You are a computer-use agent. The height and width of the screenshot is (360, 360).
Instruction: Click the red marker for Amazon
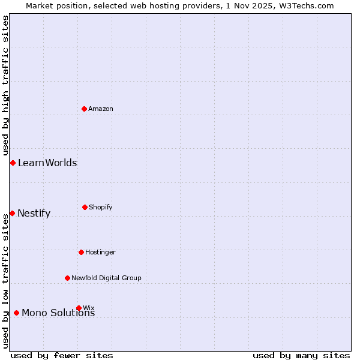pos(85,109)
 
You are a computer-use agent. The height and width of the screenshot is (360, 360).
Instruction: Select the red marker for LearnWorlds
pos(13,163)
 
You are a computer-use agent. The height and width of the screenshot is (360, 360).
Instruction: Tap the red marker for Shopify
pos(85,207)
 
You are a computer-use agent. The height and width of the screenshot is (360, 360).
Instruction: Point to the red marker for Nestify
pos(12,213)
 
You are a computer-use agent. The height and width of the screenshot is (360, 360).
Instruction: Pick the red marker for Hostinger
pos(81,252)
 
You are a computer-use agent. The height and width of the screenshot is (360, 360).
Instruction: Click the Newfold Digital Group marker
pos(67,278)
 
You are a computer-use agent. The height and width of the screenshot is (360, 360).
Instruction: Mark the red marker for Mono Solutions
pos(16,313)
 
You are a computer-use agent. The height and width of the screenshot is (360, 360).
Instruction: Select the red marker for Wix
pos(79,308)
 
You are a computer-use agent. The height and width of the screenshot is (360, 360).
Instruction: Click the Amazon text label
pos(101,109)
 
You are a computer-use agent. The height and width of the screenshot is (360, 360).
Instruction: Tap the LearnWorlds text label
pos(47,163)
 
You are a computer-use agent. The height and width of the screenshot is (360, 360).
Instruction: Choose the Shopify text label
pos(101,207)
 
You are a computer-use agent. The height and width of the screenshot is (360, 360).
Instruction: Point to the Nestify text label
pos(34,213)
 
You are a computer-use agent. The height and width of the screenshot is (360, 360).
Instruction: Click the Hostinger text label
pos(100,252)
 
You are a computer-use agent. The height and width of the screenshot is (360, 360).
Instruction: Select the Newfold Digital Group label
pos(106,278)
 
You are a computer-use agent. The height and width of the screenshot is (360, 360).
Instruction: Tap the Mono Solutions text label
pos(58,313)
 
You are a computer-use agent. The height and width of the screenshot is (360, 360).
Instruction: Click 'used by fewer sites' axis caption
pos(62,355)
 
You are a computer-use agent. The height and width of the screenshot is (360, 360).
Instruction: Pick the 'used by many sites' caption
pos(301,355)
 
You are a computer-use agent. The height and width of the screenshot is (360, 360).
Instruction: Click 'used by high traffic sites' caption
pos(5,85)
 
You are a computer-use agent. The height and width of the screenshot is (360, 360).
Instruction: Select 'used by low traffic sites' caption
pos(5,281)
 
